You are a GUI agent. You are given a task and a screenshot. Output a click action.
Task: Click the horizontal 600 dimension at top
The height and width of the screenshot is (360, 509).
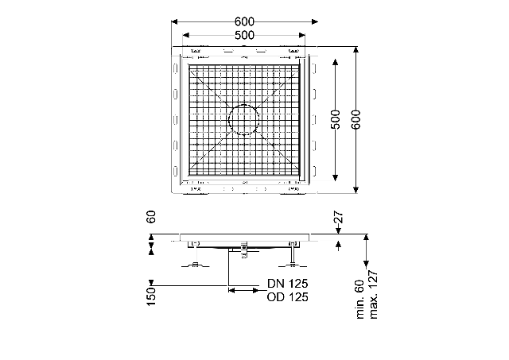[244, 21]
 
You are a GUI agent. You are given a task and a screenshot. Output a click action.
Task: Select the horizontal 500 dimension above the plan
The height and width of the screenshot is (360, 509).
[244, 35]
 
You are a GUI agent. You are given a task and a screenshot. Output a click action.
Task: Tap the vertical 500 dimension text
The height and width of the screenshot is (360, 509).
[336, 120]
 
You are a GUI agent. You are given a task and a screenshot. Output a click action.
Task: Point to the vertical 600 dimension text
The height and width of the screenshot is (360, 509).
[356, 120]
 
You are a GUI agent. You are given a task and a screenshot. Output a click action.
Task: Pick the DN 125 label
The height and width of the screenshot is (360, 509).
[288, 284]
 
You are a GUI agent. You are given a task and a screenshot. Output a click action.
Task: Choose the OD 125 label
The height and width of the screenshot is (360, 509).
[288, 297]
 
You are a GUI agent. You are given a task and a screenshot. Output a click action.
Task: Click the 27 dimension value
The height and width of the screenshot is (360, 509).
[338, 217]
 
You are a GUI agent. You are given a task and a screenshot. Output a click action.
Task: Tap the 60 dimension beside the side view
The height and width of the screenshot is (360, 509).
[151, 217]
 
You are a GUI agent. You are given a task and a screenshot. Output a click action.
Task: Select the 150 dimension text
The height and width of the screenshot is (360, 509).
[151, 296]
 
